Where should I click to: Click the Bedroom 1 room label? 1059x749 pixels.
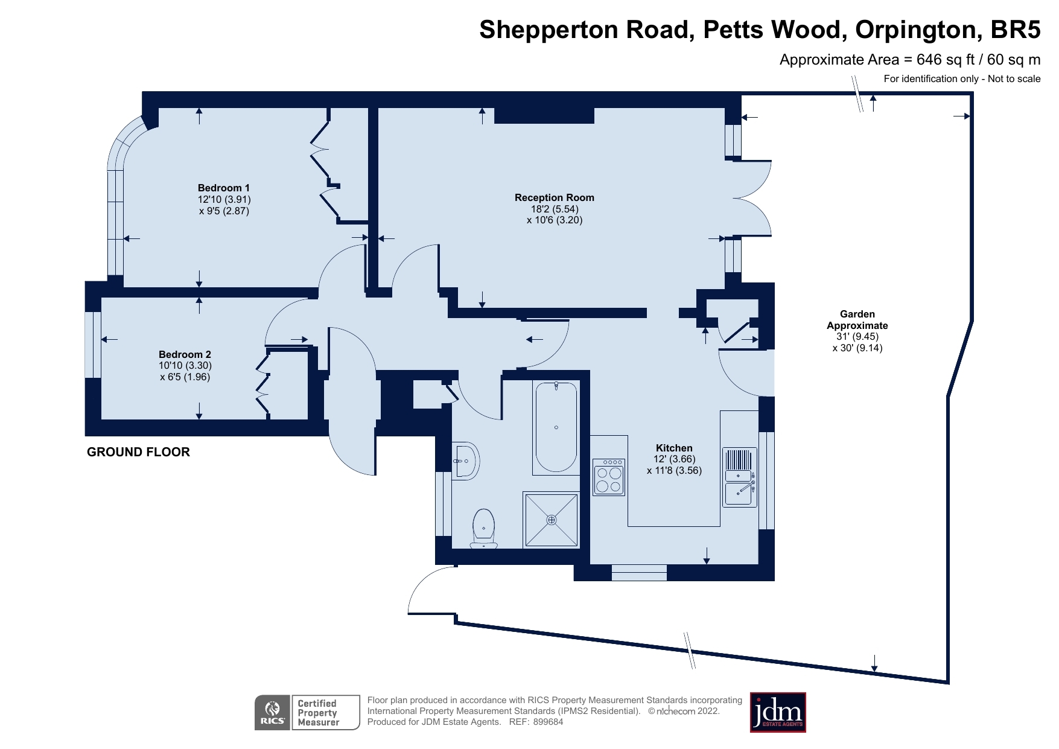(x=223, y=188)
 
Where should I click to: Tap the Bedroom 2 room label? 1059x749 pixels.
(x=185, y=354)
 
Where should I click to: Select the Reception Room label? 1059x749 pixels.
(x=554, y=197)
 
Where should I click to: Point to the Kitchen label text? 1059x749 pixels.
(x=674, y=448)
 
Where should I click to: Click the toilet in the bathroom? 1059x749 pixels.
(x=483, y=528)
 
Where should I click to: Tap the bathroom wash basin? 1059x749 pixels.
(x=465, y=462)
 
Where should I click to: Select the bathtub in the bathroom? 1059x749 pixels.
(x=556, y=427)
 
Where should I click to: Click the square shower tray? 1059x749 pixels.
(x=551, y=520)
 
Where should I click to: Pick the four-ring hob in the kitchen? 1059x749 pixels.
(x=608, y=477)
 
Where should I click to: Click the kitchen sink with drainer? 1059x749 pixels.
(x=739, y=477)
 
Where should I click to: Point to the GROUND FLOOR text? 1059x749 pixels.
(x=138, y=452)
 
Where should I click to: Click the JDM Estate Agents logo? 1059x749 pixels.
(x=777, y=712)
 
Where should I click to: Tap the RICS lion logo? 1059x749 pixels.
(x=273, y=712)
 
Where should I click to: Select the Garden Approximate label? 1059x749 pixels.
(x=857, y=319)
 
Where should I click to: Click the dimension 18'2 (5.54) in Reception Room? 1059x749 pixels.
(x=554, y=209)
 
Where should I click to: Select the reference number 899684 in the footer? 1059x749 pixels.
(x=548, y=722)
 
